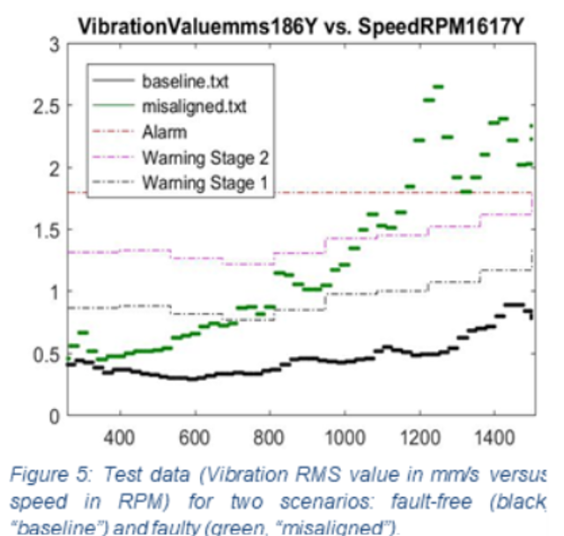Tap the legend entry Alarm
pyautogui.click(x=161, y=133)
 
